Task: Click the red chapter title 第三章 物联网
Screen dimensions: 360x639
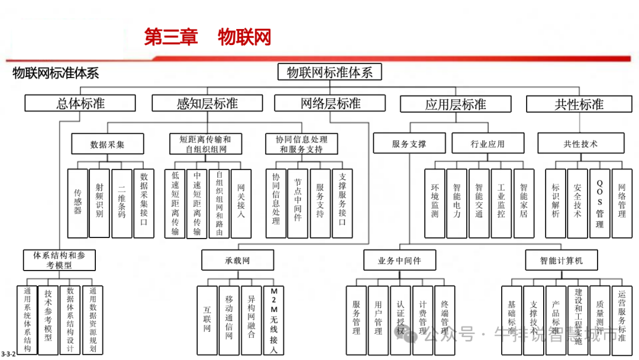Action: point(208,37)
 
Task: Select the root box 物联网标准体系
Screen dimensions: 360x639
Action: point(330,72)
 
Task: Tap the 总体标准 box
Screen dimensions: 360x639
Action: point(80,104)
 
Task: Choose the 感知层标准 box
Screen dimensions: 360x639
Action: point(207,104)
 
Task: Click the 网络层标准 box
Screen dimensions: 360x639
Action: point(331,104)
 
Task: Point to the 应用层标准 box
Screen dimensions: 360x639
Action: point(456,104)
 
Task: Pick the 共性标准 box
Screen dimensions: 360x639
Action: point(579,104)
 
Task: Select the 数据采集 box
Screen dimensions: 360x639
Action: point(108,144)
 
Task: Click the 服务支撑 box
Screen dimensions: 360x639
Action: point(409,144)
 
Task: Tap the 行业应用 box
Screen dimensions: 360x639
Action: point(488,144)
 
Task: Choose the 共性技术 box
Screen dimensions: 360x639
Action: point(580,144)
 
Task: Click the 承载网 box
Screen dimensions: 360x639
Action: point(237,260)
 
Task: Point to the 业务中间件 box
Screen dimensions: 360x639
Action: point(399,260)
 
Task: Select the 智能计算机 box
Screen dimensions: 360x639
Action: point(561,260)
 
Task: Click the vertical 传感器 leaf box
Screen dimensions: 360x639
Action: point(78,202)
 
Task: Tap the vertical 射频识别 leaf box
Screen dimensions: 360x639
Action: point(99,202)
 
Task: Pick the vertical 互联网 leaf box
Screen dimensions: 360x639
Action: point(207,320)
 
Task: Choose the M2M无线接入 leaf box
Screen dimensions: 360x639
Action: point(273,320)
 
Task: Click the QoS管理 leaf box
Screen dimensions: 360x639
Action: point(599,202)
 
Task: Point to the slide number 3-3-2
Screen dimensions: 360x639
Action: point(8,353)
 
